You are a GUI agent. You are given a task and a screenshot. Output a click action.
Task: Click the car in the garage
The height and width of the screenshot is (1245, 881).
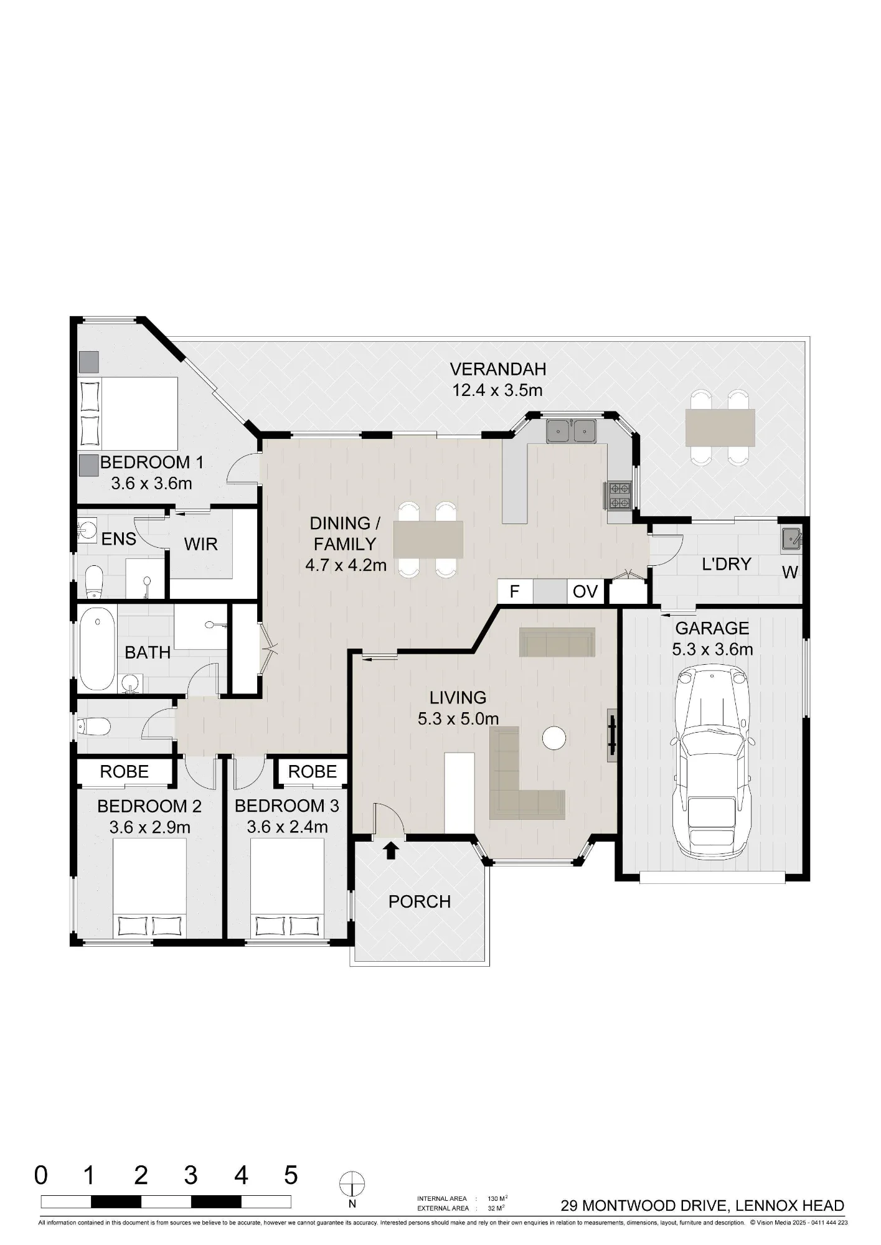point(712,761)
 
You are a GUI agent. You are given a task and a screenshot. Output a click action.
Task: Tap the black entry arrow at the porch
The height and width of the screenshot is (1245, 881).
point(390,850)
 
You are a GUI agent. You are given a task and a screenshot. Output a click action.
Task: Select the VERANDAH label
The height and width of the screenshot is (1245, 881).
point(498,369)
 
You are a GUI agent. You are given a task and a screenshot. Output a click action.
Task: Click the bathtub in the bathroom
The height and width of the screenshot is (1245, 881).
point(98,649)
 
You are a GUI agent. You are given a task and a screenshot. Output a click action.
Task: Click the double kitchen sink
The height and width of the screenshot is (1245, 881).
point(572,431)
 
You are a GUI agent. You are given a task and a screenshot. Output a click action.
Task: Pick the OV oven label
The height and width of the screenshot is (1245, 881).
point(585,591)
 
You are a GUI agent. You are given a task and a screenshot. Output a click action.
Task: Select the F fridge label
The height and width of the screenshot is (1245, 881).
point(514,591)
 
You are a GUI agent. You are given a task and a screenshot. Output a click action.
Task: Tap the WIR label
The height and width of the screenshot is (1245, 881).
point(200,544)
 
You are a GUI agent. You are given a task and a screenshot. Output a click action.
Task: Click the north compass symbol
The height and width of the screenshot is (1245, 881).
point(352,1185)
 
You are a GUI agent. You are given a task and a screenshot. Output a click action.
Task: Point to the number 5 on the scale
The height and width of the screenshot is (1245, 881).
point(291,1175)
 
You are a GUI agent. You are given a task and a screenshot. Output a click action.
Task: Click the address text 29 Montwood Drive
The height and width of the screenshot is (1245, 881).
point(644,1206)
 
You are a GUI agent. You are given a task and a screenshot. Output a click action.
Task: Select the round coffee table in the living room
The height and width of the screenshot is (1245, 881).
point(554,738)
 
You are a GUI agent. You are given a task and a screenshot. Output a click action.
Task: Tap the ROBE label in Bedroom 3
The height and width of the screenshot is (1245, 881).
point(313,772)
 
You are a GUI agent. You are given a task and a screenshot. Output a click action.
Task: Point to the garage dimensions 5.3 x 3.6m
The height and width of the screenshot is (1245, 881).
point(712,649)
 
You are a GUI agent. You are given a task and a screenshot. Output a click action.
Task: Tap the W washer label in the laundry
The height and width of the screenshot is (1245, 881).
point(790,572)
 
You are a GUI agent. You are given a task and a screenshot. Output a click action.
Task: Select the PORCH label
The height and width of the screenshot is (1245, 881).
point(420,901)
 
